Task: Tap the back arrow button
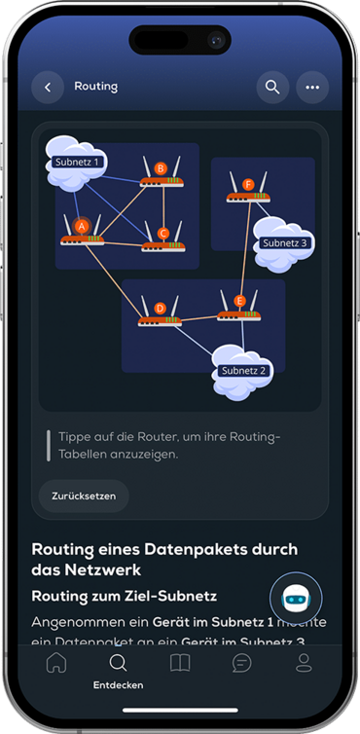click(x=48, y=87)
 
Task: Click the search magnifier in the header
click(x=272, y=87)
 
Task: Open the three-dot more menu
click(x=312, y=87)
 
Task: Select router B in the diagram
click(x=161, y=174)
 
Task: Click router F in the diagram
click(x=248, y=189)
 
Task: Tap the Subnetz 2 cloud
click(x=242, y=370)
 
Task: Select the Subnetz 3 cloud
click(x=283, y=242)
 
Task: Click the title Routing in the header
click(x=95, y=87)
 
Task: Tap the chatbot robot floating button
click(x=295, y=599)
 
